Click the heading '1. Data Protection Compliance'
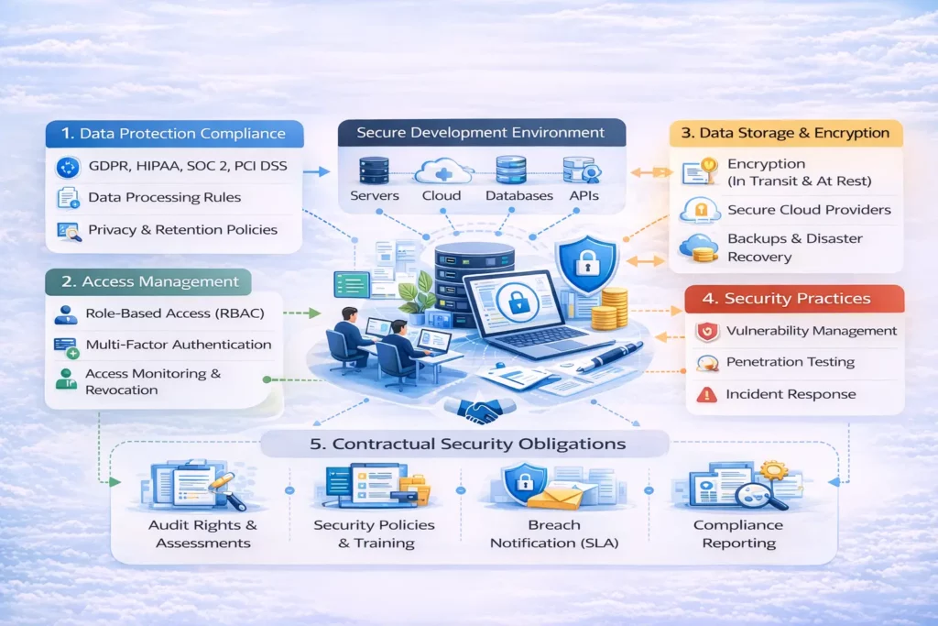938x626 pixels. coord(173,134)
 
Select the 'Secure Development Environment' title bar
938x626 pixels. coord(482,132)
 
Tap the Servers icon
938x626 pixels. coord(374,170)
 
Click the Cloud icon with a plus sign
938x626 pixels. coord(442,171)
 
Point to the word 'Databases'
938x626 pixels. coord(519,196)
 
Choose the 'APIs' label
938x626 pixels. coord(584,196)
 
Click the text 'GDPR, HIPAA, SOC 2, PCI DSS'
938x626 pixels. coord(188,166)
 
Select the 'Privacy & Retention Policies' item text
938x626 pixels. coord(182,230)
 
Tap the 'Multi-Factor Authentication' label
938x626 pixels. coord(179,345)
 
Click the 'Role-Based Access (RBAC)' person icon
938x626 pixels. coord(66,314)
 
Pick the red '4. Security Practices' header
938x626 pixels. coord(794,299)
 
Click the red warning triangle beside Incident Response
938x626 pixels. coord(706,394)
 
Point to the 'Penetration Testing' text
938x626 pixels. coord(791,362)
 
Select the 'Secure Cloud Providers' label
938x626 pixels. coord(809,210)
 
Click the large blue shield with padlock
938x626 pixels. coord(587,264)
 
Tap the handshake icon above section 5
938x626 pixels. coord(479,410)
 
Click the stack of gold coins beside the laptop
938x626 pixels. coord(608,309)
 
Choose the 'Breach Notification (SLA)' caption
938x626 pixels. coord(554,533)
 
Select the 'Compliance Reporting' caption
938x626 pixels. coord(738,533)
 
